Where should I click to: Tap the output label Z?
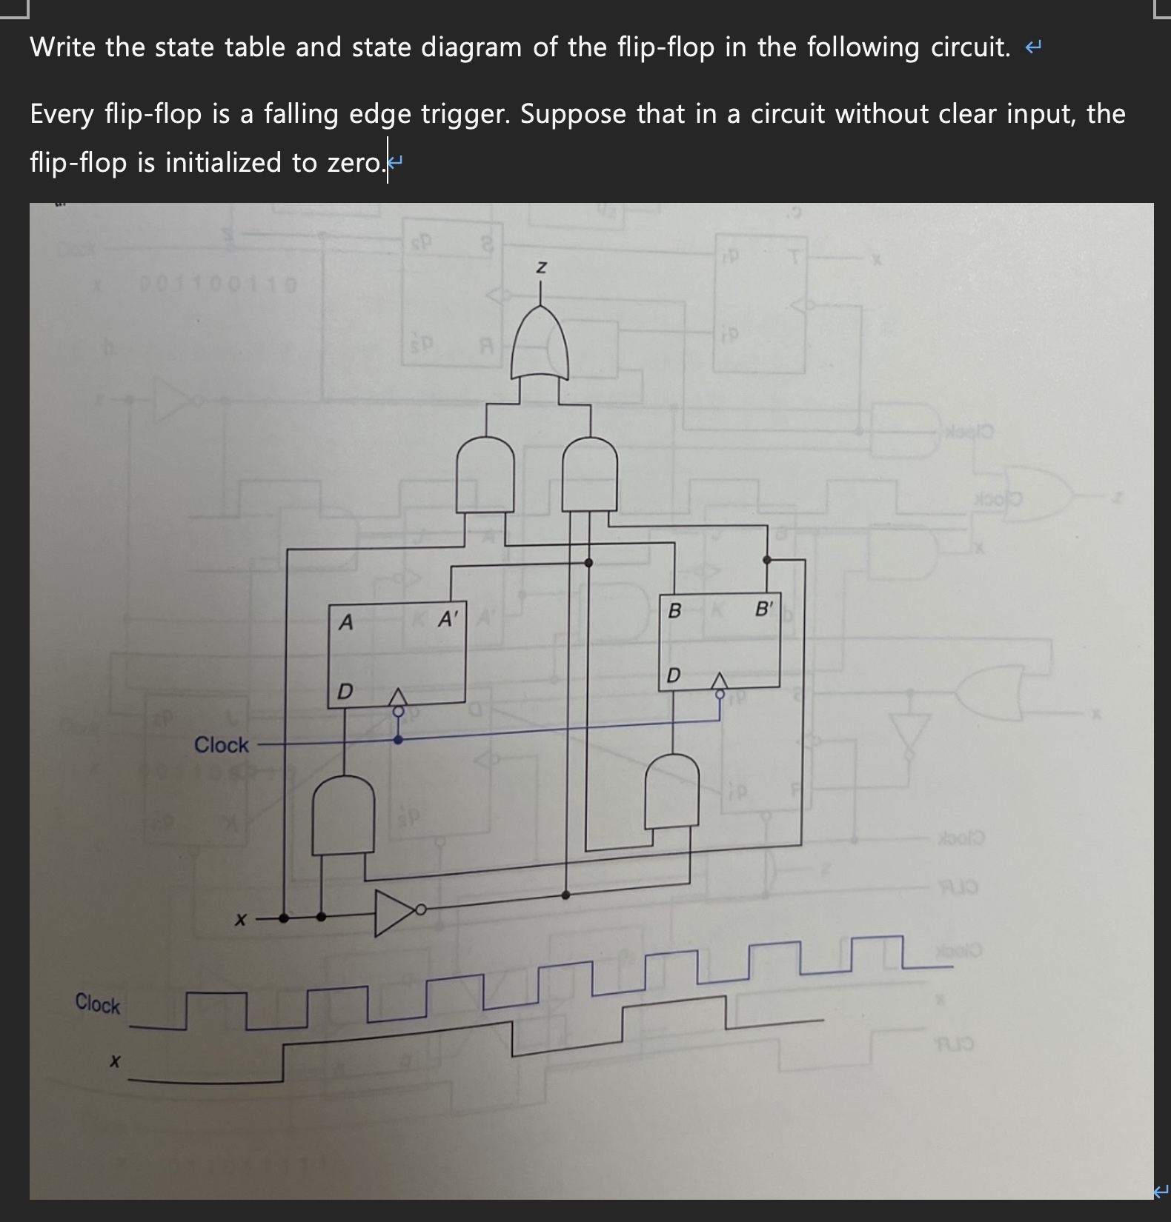click(541, 267)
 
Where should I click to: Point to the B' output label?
click(764, 610)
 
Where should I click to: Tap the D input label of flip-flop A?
click(345, 692)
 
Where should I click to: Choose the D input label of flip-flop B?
click(673, 675)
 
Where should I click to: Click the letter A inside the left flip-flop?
click(345, 623)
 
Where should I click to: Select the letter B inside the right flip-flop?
click(674, 611)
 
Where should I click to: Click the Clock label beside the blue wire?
click(221, 744)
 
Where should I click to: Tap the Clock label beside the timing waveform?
click(97, 1004)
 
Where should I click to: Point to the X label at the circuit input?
click(240, 921)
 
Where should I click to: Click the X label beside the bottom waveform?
click(114, 1062)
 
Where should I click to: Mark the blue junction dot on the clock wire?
click(398, 739)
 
